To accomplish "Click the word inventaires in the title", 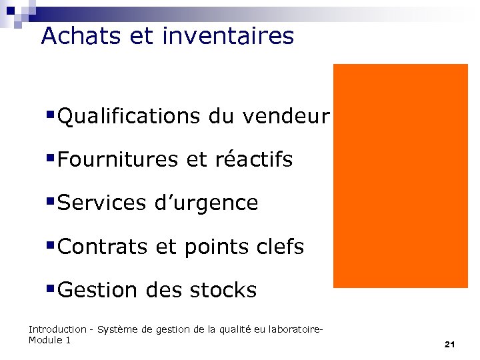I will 227,35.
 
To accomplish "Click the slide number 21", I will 449,345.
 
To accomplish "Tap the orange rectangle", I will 400,175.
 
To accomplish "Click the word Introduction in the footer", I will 57,329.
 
